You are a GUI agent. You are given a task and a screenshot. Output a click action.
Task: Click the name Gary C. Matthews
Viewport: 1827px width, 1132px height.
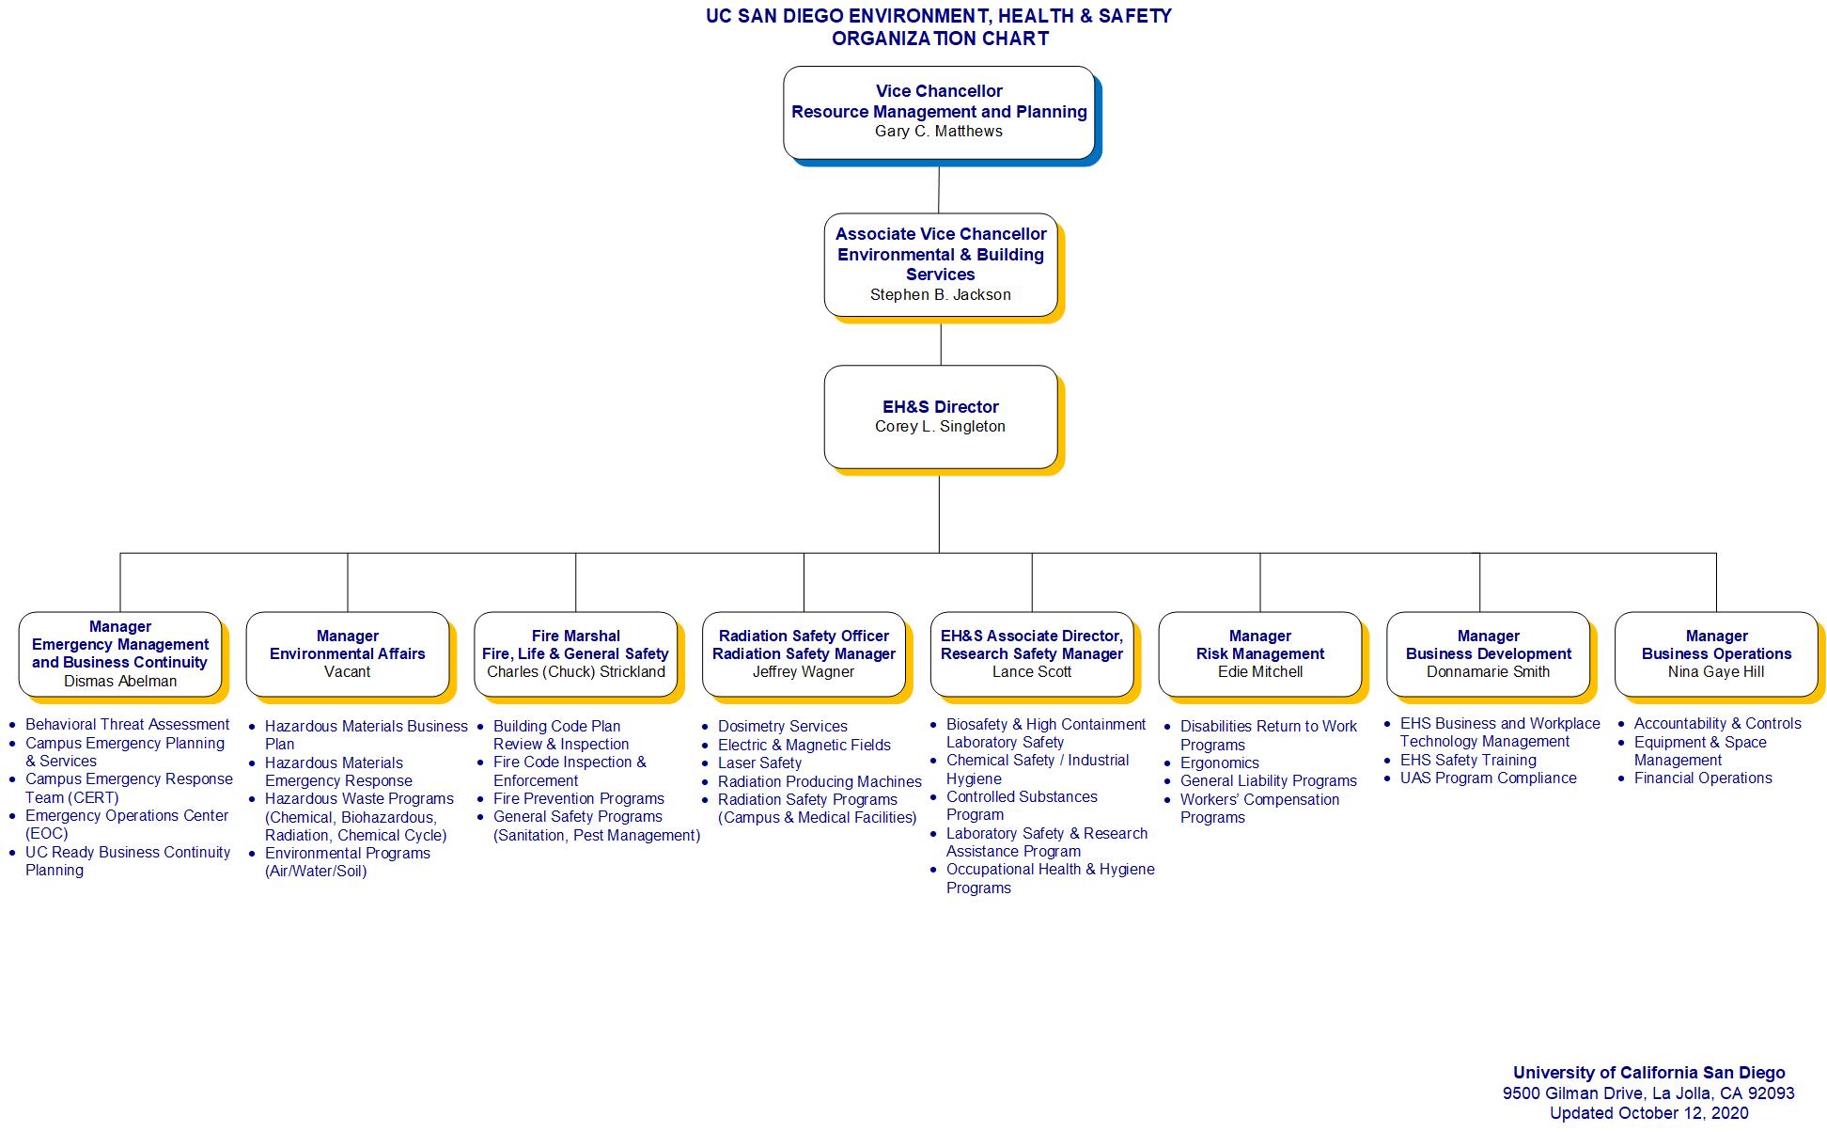938,132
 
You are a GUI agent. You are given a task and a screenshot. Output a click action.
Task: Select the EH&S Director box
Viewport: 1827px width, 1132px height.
940,417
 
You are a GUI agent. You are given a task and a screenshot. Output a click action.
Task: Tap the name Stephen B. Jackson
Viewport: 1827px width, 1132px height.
940,295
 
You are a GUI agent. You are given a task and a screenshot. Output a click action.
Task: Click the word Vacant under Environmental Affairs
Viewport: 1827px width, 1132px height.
347,672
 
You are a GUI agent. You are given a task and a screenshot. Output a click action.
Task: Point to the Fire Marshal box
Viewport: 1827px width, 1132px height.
575,653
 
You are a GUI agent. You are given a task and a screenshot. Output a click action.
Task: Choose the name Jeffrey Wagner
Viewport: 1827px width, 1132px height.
803,672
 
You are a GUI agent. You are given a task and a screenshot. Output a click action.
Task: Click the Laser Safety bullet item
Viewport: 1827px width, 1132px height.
759,763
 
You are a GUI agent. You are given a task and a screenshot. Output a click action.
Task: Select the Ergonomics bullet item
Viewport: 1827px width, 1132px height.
1219,763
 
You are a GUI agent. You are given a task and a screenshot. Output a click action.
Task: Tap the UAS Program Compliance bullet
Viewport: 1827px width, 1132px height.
1488,778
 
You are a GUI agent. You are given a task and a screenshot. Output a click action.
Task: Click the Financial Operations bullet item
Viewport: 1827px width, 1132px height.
1702,778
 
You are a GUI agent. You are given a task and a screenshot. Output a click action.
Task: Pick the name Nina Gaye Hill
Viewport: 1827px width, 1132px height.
1715,672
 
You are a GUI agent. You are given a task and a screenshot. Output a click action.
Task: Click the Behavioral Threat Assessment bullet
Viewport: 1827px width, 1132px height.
127,725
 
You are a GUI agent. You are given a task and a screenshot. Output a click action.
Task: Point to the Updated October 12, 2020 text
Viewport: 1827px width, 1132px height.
1648,1114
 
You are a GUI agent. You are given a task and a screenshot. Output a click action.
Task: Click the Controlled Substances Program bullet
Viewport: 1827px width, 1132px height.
1021,806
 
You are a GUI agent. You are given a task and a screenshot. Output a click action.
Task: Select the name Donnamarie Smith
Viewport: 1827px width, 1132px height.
1488,672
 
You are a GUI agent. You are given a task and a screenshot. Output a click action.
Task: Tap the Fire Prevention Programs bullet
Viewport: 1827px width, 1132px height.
578,799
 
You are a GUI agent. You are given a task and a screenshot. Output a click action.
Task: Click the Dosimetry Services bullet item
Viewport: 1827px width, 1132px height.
782,727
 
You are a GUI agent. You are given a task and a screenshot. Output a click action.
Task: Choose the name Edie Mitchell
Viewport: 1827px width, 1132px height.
1259,672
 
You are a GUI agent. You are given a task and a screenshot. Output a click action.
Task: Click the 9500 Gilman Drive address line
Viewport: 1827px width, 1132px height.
1647,1093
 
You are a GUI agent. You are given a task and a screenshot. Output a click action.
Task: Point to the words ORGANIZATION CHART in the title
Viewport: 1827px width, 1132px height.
939,39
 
